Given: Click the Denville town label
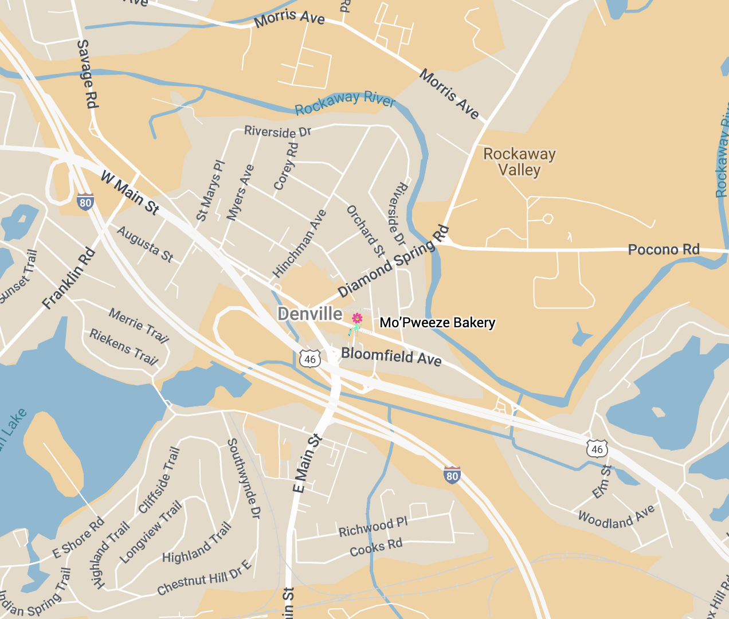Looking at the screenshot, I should tap(310, 314).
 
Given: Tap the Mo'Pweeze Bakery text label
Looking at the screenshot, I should tap(437, 323).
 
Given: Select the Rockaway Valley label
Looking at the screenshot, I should tap(519, 162).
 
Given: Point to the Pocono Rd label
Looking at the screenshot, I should tap(664, 249).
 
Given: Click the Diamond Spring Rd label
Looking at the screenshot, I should tap(393, 261).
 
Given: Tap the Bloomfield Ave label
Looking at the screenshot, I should tap(391, 356).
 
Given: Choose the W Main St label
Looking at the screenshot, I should tap(130, 193).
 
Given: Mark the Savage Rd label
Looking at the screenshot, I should tap(87, 74).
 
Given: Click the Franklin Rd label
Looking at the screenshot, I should tap(69, 278).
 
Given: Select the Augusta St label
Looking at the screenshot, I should tap(145, 244).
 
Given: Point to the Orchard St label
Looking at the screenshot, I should tap(366, 231).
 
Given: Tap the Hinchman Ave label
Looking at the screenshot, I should tap(299, 243).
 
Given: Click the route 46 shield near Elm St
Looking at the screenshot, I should tap(597, 449).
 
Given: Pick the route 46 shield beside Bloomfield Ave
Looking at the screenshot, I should tap(310, 359).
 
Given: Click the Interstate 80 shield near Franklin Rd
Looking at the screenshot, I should tap(85, 202).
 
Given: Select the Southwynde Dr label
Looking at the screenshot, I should tap(244, 479).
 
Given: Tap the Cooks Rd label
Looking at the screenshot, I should tap(376, 547).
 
